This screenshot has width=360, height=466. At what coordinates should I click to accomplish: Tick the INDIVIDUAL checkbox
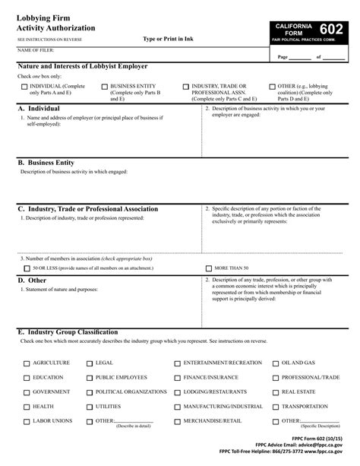pos(24,87)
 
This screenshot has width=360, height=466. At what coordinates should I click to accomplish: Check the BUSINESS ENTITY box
pos(104,87)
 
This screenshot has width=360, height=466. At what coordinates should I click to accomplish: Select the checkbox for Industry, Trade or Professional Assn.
pos(186,87)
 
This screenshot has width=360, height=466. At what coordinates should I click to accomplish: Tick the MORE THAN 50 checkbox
pos(209,268)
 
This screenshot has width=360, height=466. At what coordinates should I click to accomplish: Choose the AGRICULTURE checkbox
pos(27,363)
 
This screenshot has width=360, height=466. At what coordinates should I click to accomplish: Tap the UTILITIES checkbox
pos(90,407)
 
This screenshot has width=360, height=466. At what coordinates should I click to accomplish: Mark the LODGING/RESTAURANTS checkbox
pos(178,392)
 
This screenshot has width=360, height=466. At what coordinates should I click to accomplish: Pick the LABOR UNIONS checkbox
pos(27,421)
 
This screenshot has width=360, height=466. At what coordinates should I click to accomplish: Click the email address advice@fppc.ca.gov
pos(319,446)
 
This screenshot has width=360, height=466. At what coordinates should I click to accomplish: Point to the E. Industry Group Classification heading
pos(68,332)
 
